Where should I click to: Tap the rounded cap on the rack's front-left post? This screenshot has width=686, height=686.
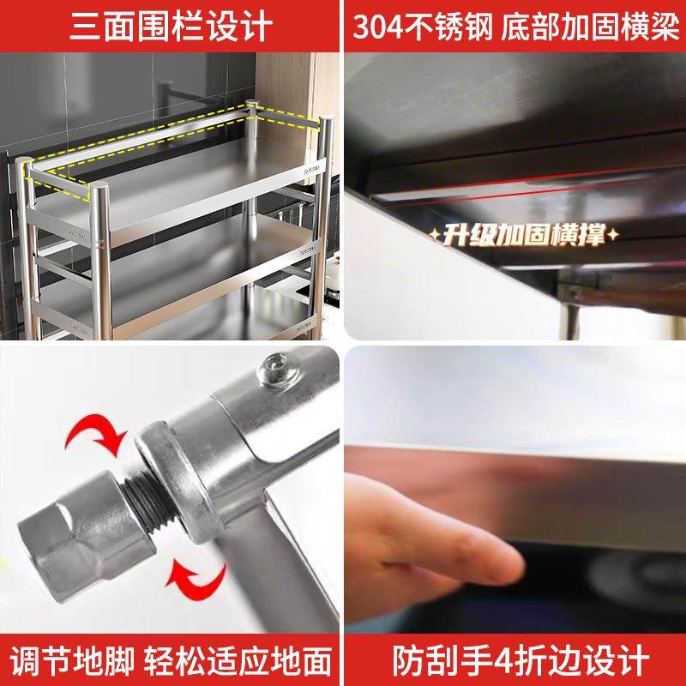tap(31, 162)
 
